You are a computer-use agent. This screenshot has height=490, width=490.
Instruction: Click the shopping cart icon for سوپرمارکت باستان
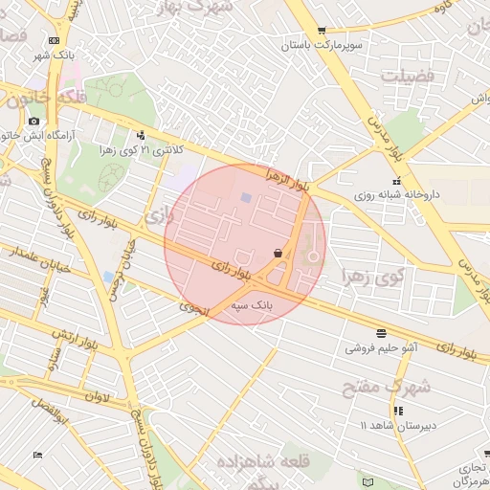[321, 31]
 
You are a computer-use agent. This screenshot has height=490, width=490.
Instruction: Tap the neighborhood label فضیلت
[407, 75]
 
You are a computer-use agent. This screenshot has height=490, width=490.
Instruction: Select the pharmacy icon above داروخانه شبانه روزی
[396, 181]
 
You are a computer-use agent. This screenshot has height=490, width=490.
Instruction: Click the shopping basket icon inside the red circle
[278, 254]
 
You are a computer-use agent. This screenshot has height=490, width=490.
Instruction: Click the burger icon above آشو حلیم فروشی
[382, 333]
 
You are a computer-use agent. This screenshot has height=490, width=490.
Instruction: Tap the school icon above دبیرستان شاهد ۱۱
[398, 411]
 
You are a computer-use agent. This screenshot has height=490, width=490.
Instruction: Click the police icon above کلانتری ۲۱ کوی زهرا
[142, 135]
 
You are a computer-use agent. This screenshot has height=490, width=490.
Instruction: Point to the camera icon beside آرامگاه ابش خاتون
[34, 121]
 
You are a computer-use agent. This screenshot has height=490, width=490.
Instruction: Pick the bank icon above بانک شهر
[54, 40]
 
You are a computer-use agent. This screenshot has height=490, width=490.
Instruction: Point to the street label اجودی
[191, 308]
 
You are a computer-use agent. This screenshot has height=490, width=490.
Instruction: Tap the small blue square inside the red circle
[246, 198]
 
